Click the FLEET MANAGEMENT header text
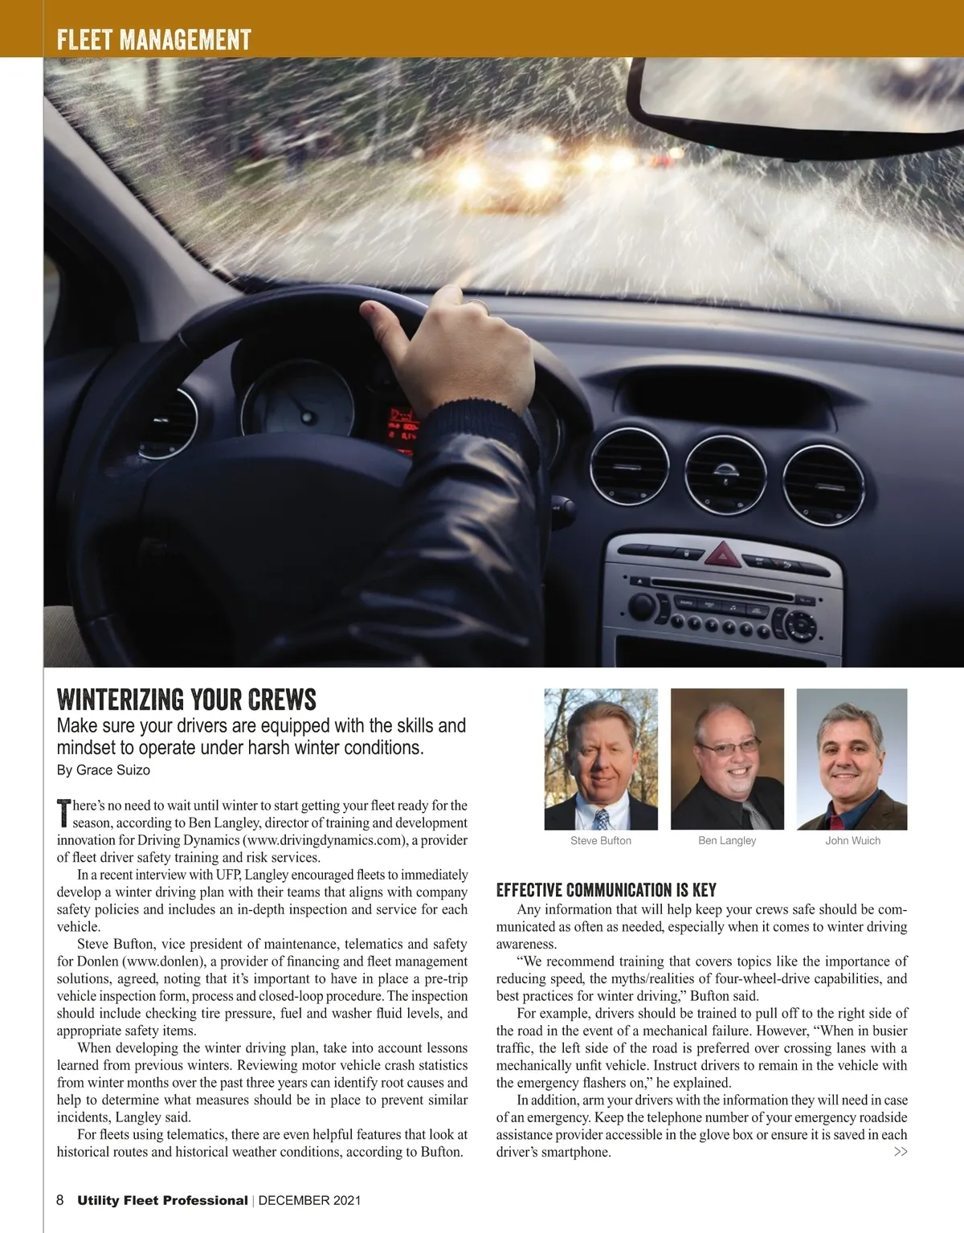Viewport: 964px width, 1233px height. pyautogui.click(x=153, y=39)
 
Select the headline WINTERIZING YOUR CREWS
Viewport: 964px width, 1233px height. pyautogui.click(x=186, y=699)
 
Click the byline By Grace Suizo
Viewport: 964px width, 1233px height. pyautogui.click(x=103, y=770)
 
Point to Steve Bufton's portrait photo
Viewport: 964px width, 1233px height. pyautogui.click(x=601, y=759)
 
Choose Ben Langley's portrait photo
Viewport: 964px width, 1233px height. pyautogui.click(x=727, y=759)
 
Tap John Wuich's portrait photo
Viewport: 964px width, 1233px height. pyautogui.click(x=852, y=759)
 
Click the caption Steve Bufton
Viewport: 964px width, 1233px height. pyautogui.click(x=601, y=841)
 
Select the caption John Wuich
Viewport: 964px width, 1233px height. pyautogui.click(x=852, y=841)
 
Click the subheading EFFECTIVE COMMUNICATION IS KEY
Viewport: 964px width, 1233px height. pyautogui.click(x=606, y=890)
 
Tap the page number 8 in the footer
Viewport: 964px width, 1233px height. pyautogui.click(x=60, y=1200)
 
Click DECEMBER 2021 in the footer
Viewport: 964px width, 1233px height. pyautogui.click(x=309, y=1201)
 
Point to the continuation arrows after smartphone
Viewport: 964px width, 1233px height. pyautogui.click(x=901, y=1152)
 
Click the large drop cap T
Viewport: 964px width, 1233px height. pyautogui.click(x=64, y=814)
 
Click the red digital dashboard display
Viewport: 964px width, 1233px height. pyautogui.click(x=403, y=426)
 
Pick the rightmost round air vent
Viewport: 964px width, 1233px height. pyautogui.click(x=823, y=484)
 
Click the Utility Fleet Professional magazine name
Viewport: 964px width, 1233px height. pyautogui.click(x=162, y=1201)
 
